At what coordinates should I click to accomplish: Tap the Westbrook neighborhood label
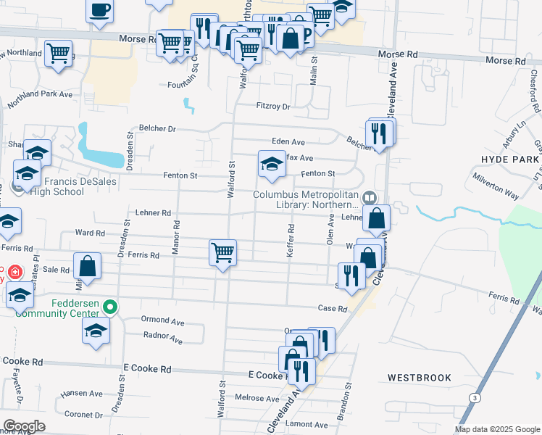419,378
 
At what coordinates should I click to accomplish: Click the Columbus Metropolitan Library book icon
370,196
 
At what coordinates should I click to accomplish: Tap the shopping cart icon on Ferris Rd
222,254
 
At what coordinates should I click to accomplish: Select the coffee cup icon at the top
100,9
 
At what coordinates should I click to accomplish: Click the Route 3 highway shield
475,398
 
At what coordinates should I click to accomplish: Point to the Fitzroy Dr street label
273,106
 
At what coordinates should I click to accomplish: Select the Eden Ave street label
288,142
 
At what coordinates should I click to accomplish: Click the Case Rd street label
333,308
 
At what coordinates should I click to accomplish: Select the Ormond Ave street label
163,321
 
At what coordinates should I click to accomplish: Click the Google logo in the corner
24,426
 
